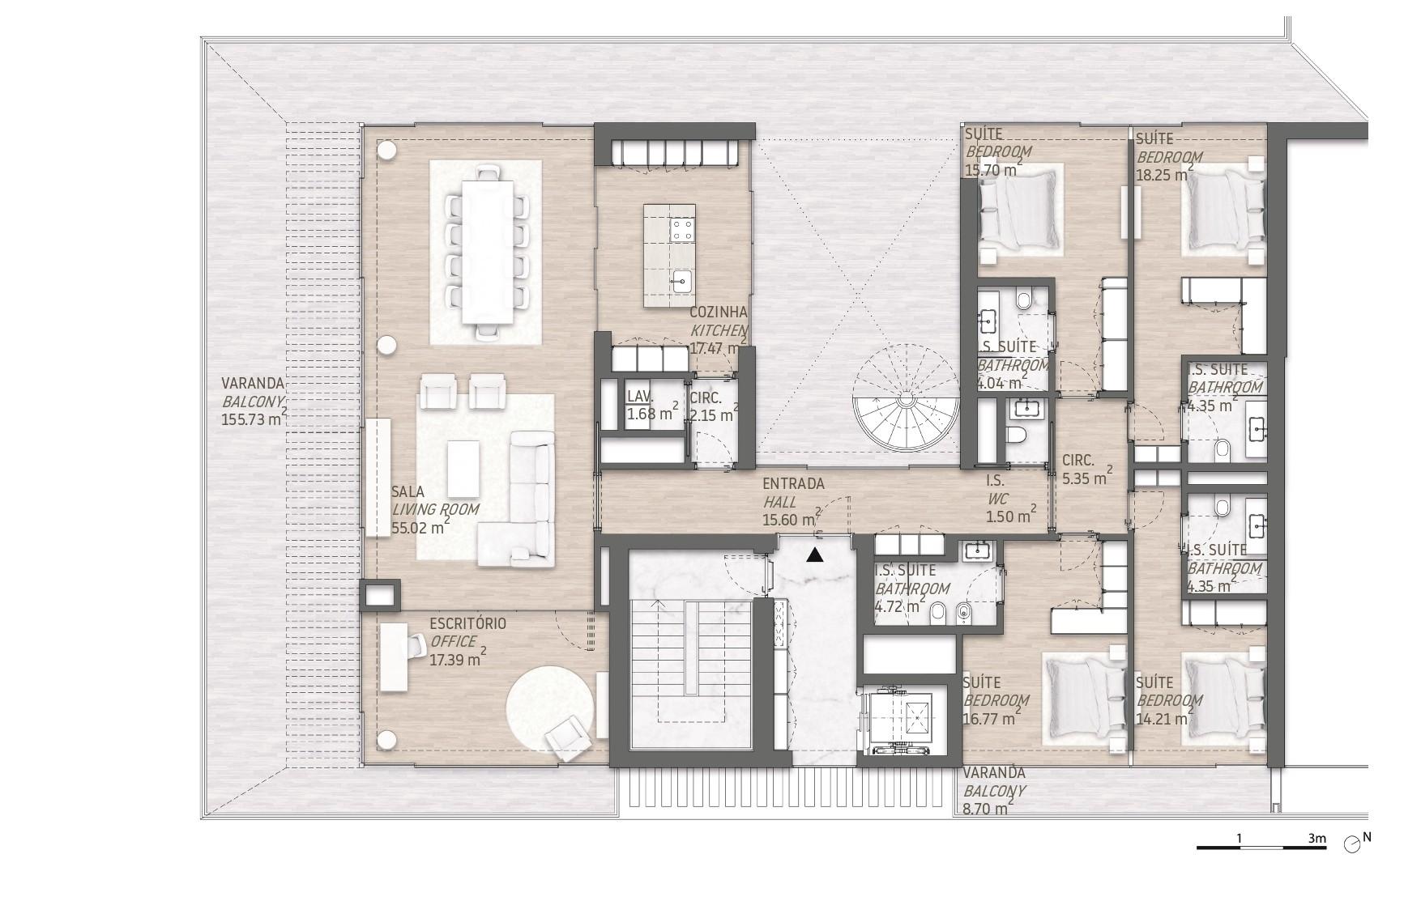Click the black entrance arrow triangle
[x=815, y=555]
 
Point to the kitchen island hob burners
[x=681, y=230]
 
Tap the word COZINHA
[x=719, y=312]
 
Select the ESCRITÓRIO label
[x=467, y=623]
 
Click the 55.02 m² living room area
[x=420, y=527]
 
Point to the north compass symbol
[x=1351, y=844]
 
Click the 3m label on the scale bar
[x=1316, y=839]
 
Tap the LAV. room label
[x=640, y=397]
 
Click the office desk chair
[x=416, y=645]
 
